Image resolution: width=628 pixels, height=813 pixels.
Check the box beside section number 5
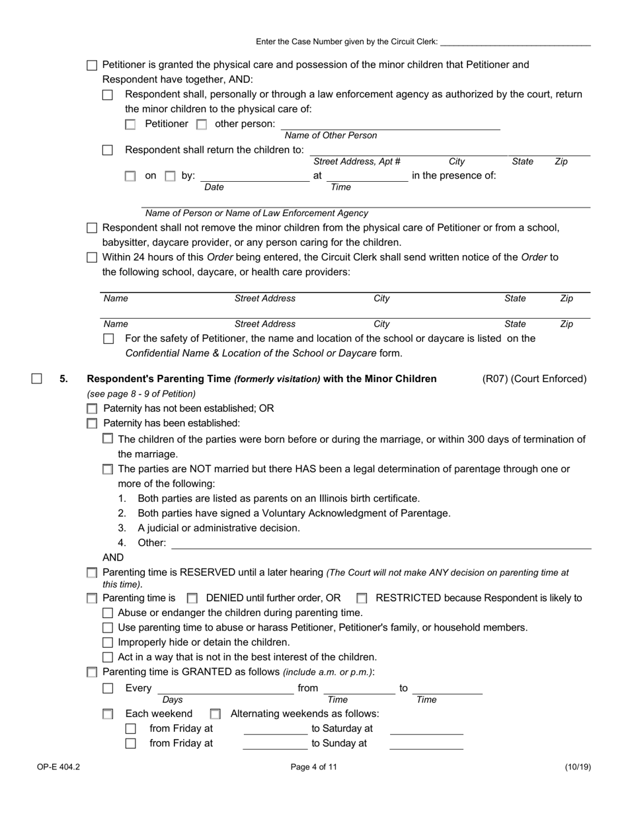click(x=37, y=379)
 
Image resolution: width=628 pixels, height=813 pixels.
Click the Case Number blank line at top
click(x=515, y=42)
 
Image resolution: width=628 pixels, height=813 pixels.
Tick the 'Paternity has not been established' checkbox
click(x=93, y=409)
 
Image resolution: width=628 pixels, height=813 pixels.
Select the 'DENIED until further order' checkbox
click(x=192, y=598)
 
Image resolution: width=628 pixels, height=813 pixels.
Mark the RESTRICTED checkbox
click(x=362, y=598)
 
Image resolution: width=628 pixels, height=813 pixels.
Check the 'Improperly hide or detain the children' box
click(x=108, y=642)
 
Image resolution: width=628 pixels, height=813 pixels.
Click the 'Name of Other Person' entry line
click(x=390, y=125)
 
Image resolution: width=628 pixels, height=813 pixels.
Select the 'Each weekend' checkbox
click(x=108, y=714)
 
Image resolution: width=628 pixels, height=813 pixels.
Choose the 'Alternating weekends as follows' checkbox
click(x=215, y=714)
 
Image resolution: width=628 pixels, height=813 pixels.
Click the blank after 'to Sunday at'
click(x=426, y=744)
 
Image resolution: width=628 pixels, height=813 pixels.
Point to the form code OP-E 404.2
click(x=58, y=767)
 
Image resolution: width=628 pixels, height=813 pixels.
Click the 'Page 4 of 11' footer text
click(x=313, y=767)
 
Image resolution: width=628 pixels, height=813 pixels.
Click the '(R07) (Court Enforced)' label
click(x=534, y=379)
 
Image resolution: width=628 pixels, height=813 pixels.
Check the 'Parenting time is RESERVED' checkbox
click(x=93, y=573)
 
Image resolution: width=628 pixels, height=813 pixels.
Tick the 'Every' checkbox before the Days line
click(x=108, y=688)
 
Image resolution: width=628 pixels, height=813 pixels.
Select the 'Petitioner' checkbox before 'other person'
click(x=131, y=124)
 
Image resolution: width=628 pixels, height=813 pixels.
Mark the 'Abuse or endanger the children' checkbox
click(x=108, y=613)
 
